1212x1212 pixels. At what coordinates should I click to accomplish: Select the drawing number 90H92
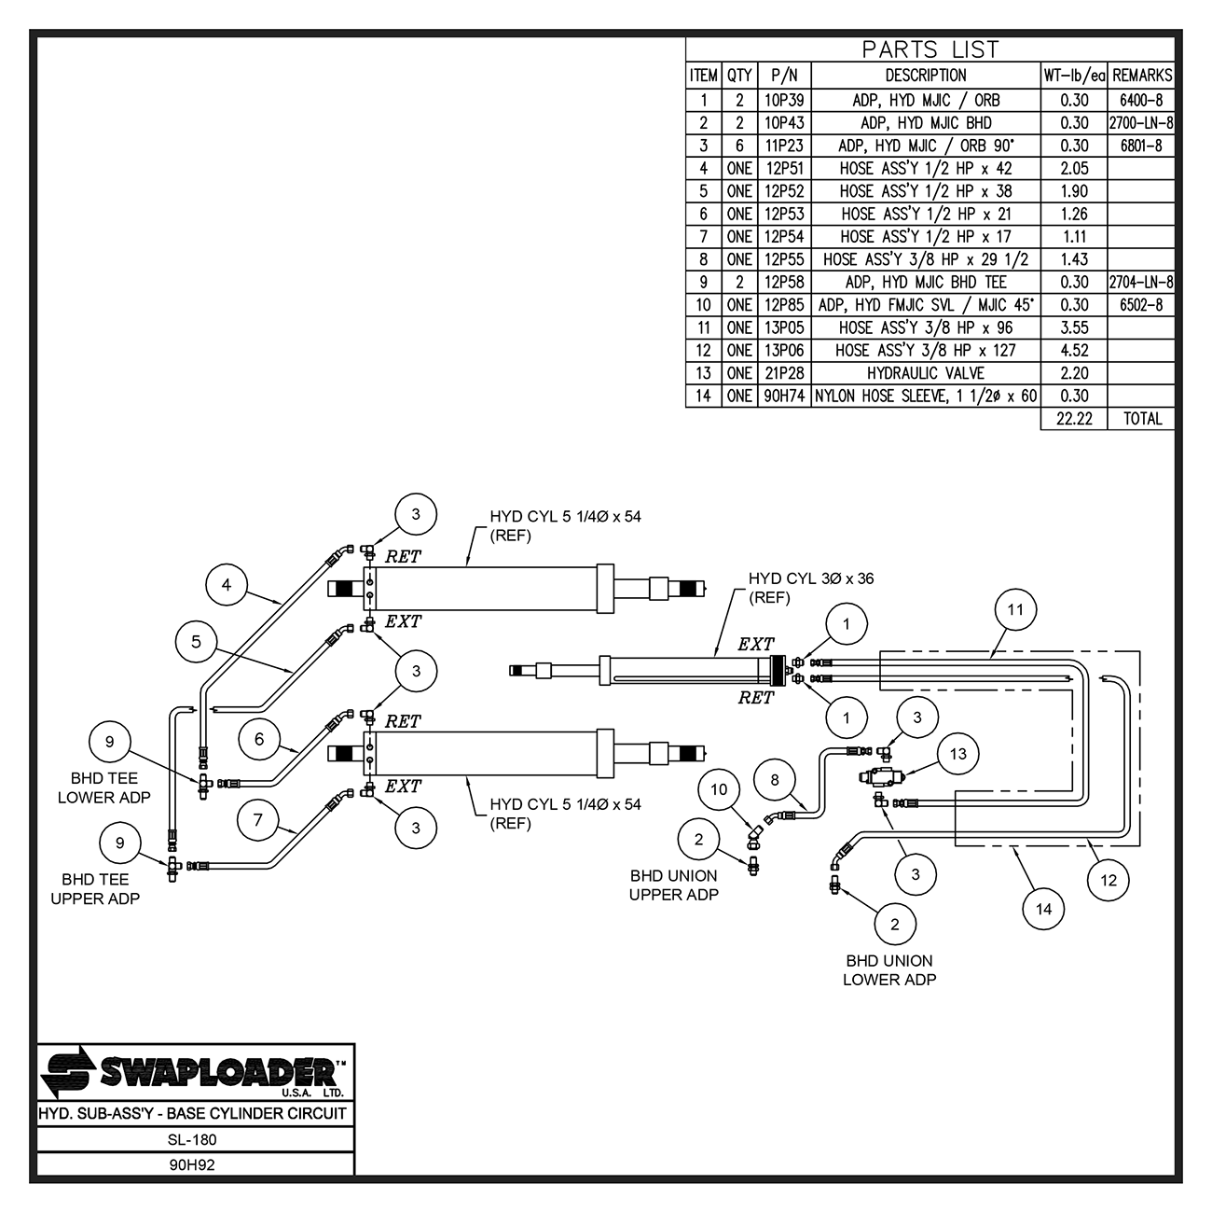(193, 1164)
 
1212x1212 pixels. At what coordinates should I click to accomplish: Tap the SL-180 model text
(193, 1139)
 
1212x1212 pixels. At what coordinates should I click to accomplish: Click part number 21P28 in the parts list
(784, 373)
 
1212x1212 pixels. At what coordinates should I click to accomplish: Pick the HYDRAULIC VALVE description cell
(925, 373)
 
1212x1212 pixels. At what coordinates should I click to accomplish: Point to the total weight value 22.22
(1074, 419)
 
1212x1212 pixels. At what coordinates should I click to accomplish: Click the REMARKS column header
(1142, 76)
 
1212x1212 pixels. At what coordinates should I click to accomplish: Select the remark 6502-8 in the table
(1142, 305)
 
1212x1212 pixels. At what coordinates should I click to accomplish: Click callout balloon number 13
(959, 754)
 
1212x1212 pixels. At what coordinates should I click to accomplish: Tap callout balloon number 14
(1043, 908)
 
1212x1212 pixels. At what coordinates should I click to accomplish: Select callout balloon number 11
(1015, 610)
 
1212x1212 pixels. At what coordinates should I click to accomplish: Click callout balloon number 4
(227, 586)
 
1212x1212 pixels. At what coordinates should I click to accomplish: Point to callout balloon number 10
(719, 789)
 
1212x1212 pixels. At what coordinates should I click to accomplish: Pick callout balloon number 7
(258, 820)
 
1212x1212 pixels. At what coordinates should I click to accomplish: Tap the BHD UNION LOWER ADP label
(889, 970)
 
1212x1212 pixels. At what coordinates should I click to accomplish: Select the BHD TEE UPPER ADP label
(95, 889)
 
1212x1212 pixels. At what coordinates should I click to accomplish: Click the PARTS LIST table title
(930, 49)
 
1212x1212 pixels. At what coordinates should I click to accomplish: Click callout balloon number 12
(1109, 880)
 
